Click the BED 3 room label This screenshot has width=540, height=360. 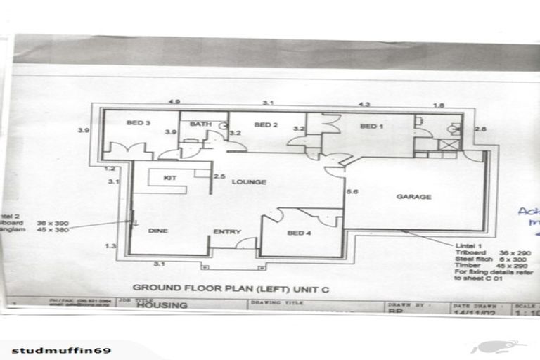(x=139, y=124)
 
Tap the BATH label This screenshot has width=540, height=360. (x=200, y=124)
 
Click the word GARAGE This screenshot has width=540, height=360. (x=413, y=197)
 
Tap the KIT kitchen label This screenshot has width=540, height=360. (x=169, y=179)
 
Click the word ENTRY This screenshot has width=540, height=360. (x=227, y=231)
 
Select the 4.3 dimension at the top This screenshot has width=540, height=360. (x=364, y=104)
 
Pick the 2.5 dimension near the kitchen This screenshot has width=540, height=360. (x=219, y=176)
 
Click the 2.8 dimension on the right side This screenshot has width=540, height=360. (x=480, y=129)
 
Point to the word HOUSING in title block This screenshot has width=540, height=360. (x=162, y=306)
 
